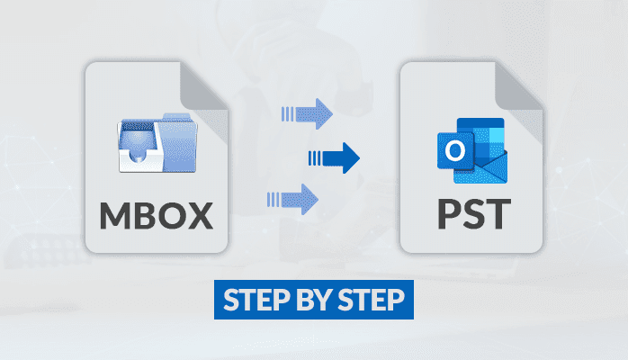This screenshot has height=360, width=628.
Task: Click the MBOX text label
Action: (157, 215)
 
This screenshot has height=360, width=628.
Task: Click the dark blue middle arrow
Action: (334, 159)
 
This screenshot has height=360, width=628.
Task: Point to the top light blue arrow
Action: (307, 113)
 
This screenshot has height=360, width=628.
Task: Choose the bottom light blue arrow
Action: (293, 197)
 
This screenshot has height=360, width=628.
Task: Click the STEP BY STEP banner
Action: (314, 300)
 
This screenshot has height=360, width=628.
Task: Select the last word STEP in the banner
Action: (372, 300)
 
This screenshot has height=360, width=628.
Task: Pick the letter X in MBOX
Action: (202, 215)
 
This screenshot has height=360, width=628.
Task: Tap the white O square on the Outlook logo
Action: (451, 148)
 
